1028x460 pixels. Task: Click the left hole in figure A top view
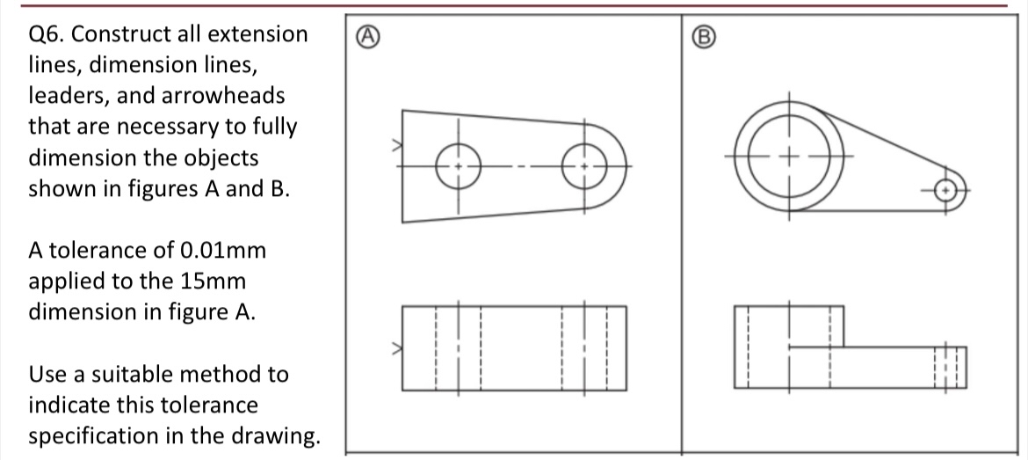tap(457, 164)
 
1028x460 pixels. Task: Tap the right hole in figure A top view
tap(583, 164)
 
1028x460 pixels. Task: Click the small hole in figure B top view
tap(945, 189)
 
